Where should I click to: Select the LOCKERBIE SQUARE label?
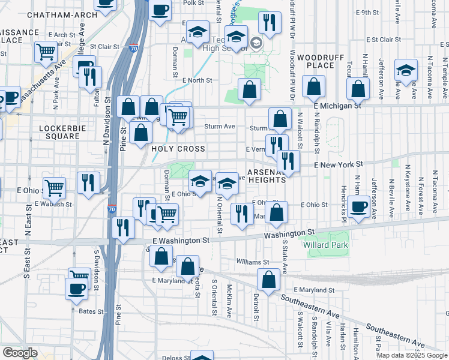coord(58,132)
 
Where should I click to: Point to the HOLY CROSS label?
coord(178,149)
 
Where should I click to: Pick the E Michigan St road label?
coord(337,105)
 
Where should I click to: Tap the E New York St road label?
coord(339,164)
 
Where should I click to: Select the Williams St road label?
coord(253,262)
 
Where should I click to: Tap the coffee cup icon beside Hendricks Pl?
coord(359,207)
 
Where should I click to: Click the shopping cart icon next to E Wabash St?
coord(54,188)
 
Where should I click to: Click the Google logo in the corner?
coord(20,353)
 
